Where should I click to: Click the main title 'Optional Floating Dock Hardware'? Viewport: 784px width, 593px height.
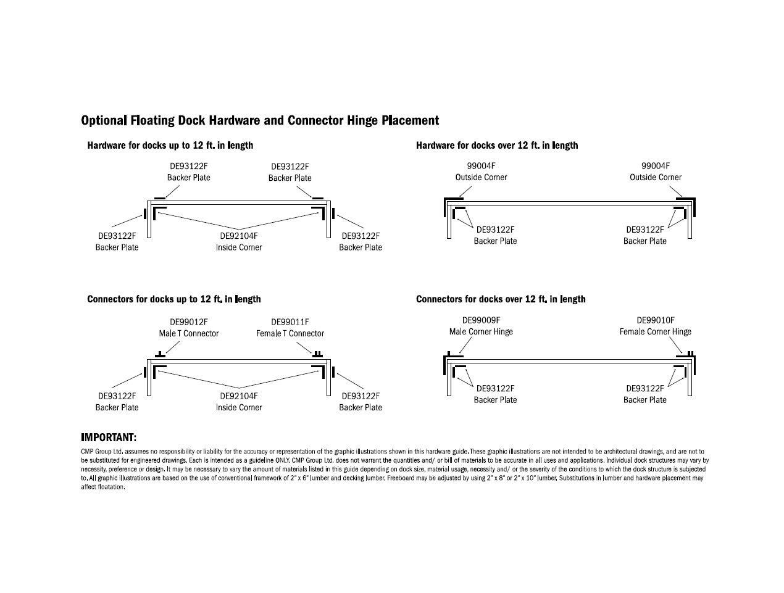point(260,120)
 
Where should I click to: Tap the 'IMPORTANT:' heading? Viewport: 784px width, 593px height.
point(109,437)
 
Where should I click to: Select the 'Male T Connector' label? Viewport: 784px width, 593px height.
point(188,333)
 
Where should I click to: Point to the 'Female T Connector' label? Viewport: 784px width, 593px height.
point(290,333)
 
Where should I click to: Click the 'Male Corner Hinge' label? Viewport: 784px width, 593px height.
point(480,331)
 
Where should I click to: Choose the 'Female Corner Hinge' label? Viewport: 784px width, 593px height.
point(655,331)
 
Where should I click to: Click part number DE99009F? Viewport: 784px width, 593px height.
point(481,320)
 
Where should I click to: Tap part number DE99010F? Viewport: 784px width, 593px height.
point(656,320)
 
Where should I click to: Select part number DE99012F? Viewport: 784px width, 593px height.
point(188,321)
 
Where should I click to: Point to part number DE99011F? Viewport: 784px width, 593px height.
point(290,321)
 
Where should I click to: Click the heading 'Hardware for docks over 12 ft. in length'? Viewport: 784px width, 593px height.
point(497,146)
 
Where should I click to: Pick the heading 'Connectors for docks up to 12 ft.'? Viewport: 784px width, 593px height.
point(174,299)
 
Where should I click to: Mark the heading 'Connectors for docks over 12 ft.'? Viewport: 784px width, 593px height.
point(501,299)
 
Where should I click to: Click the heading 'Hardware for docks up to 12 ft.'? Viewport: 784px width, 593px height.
point(170,146)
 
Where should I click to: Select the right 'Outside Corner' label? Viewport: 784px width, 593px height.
point(656,177)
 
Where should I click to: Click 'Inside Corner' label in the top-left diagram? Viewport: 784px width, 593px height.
point(239,247)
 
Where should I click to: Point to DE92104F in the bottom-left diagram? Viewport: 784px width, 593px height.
point(239,396)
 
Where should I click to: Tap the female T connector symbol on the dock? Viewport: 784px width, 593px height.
point(317,355)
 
